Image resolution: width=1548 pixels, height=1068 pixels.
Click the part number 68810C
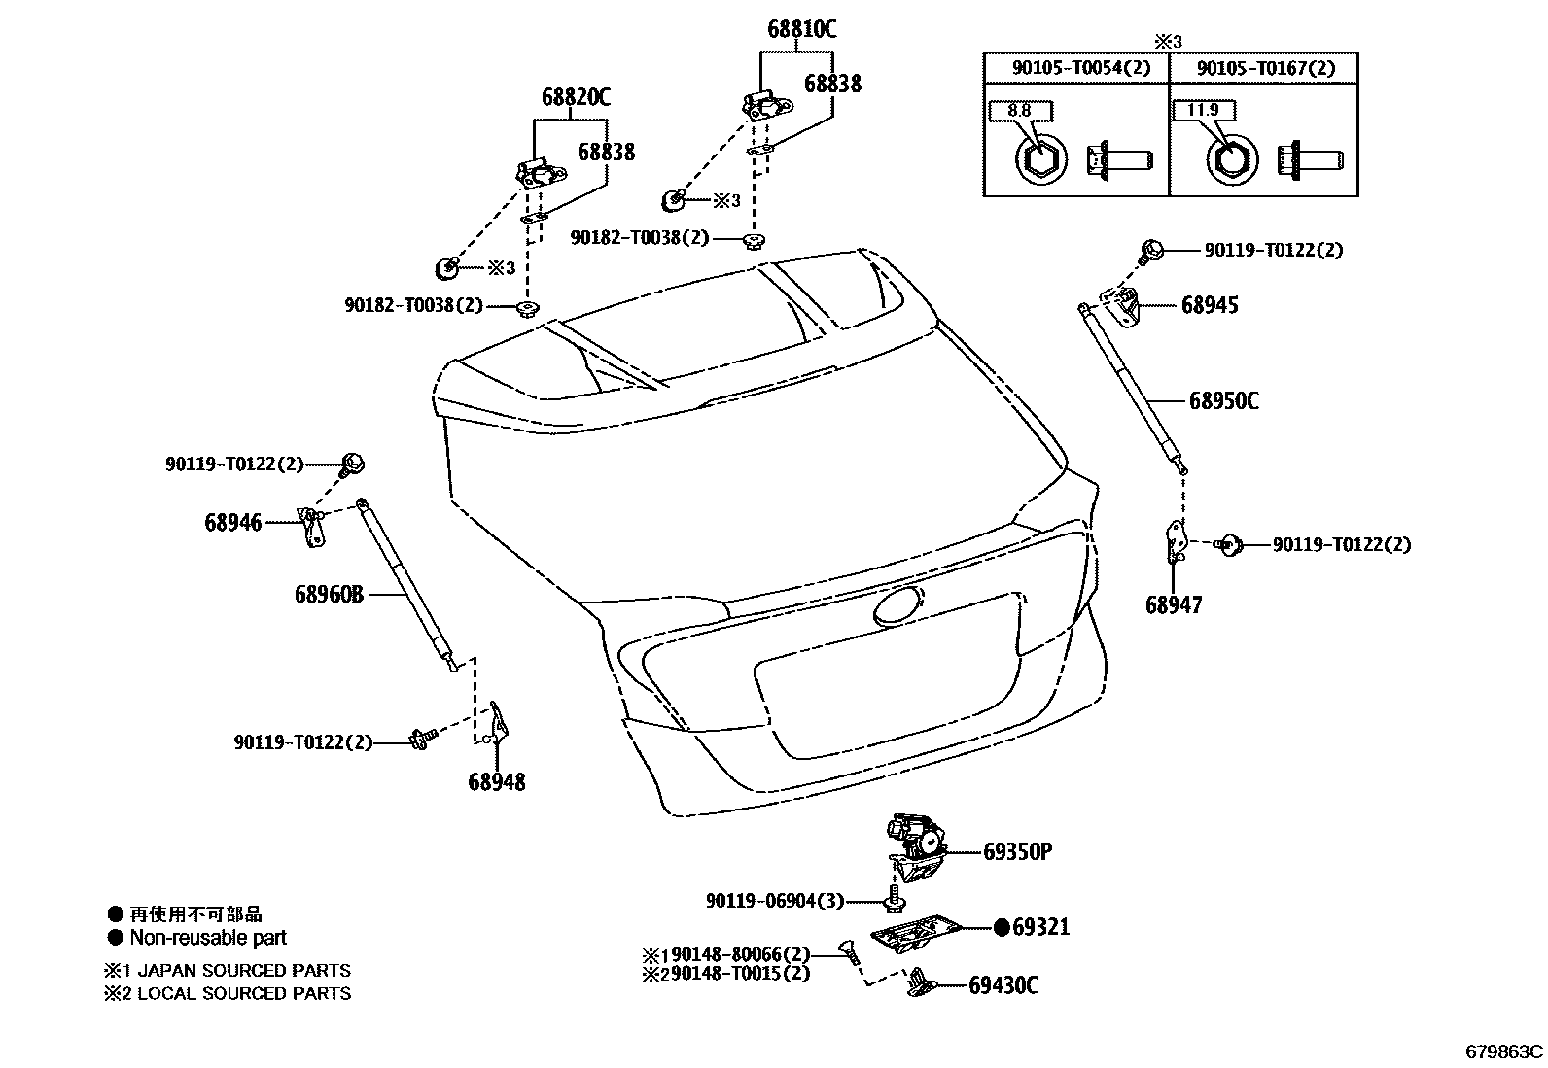pyautogui.click(x=801, y=30)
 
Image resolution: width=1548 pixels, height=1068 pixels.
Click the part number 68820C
pyautogui.click(x=576, y=97)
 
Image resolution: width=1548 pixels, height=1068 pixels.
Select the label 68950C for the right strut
pyautogui.click(x=1223, y=401)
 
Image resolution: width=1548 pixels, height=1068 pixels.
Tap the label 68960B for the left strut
pyautogui.click(x=329, y=593)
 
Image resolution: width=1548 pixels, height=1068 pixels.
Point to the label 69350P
pyautogui.click(x=1017, y=852)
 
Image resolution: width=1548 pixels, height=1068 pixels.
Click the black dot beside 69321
pyautogui.click(x=1003, y=927)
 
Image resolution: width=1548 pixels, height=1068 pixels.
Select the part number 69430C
pyautogui.click(x=1003, y=985)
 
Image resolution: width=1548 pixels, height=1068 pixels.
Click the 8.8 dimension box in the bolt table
pyautogui.click(x=1018, y=111)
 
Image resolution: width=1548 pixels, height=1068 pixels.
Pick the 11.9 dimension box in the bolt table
pyautogui.click(x=1203, y=110)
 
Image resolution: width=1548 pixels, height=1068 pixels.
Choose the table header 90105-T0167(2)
pyautogui.click(x=1265, y=68)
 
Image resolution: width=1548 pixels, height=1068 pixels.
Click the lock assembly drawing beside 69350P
pyautogui.click(x=916, y=842)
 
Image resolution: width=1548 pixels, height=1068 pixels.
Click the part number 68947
pyautogui.click(x=1174, y=605)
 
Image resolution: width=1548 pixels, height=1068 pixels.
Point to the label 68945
pyautogui.click(x=1210, y=305)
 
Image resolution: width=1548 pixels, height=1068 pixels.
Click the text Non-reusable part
pyautogui.click(x=208, y=938)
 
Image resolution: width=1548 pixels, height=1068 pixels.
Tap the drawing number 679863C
pyautogui.click(x=1504, y=1051)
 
